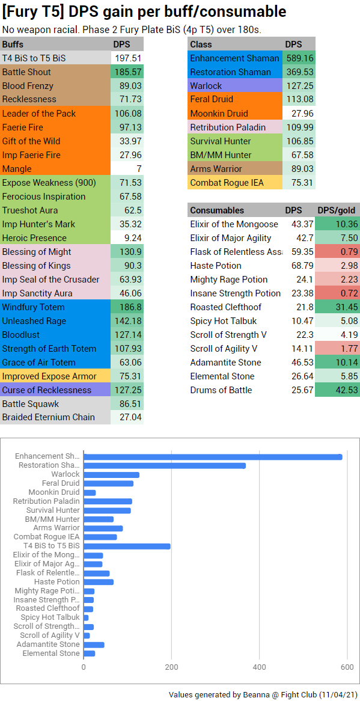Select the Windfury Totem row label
click(34, 307)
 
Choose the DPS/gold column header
click(336, 210)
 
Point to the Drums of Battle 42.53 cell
click(338, 390)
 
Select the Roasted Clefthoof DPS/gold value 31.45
click(338, 307)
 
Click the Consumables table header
click(217, 210)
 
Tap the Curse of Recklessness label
click(47, 390)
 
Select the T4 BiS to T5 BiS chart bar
click(127, 546)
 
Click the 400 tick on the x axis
click(260, 667)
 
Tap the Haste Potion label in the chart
click(57, 582)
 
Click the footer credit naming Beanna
click(263, 694)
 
